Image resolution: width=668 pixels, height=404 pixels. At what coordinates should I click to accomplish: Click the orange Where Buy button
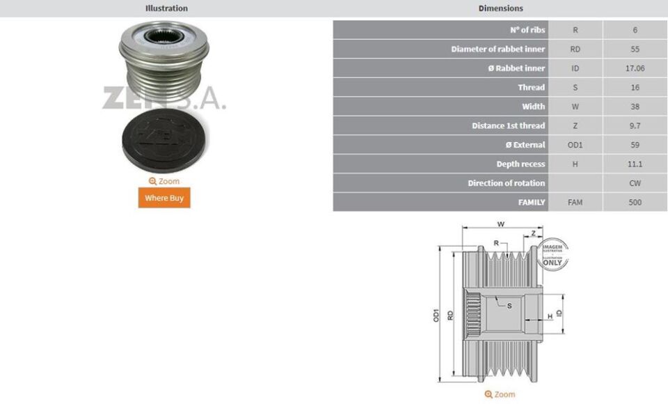pyautogui.click(x=164, y=198)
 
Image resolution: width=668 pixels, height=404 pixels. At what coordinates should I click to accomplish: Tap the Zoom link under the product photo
pyautogui.click(x=164, y=181)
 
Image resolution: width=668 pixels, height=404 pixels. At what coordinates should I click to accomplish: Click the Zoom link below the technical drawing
pyautogui.click(x=500, y=394)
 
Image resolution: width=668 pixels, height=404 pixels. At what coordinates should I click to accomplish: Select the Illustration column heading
pyautogui.click(x=166, y=8)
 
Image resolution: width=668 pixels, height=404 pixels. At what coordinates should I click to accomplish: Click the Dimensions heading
pyautogui.click(x=500, y=8)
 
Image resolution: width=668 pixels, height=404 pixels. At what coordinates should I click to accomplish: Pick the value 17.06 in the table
pyautogui.click(x=635, y=68)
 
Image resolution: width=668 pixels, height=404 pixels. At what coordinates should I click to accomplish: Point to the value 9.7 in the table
pyautogui.click(x=635, y=125)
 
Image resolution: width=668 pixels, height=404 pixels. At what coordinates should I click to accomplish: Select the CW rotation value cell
pyautogui.click(x=635, y=183)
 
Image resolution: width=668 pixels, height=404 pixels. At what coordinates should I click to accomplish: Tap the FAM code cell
pyautogui.click(x=575, y=202)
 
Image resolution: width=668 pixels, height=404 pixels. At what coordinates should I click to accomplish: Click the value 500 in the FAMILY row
pyautogui.click(x=635, y=202)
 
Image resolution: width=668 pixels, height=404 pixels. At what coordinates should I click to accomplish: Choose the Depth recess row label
pyautogui.click(x=520, y=164)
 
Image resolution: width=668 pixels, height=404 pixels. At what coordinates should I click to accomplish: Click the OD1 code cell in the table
pyautogui.click(x=575, y=145)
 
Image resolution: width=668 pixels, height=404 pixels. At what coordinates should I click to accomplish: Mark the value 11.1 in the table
pyautogui.click(x=635, y=164)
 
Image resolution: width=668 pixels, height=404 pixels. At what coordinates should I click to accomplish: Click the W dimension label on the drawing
pyautogui.click(x=500, y=224)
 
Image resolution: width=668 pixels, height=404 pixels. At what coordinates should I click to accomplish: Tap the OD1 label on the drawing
pyautogui.click(x=436, y=315)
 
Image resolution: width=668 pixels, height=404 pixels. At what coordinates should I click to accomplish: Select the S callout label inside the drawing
pyautogui.click(x=509, y=306)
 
